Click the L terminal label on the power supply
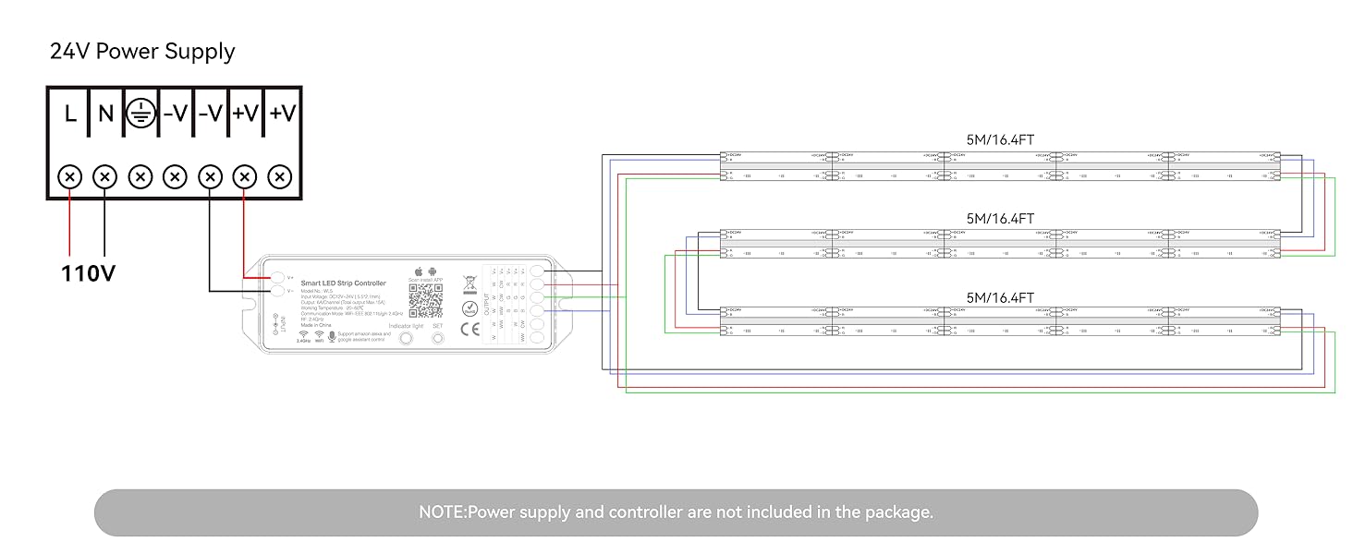click(70, 114)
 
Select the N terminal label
click(105, 114)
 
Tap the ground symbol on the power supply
click(140, 113)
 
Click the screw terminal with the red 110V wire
click(70, 175)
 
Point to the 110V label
click(89, 273)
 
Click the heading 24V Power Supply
click(142, 52)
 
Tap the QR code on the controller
click(426, 300)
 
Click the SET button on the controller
click(438, 338)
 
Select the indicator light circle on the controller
click(404, 339)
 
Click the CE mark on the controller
click(469, 330)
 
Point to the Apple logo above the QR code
click(418, 271)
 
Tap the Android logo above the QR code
click(432, 271)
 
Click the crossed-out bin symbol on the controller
click(469, 283)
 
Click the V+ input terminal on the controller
click(277, 276)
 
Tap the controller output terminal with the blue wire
click(537, 312)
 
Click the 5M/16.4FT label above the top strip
click(1000, 140)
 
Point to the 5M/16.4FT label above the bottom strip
click(1000, 297)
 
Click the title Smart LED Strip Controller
click(344, 283)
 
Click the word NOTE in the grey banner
click(442, 512)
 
